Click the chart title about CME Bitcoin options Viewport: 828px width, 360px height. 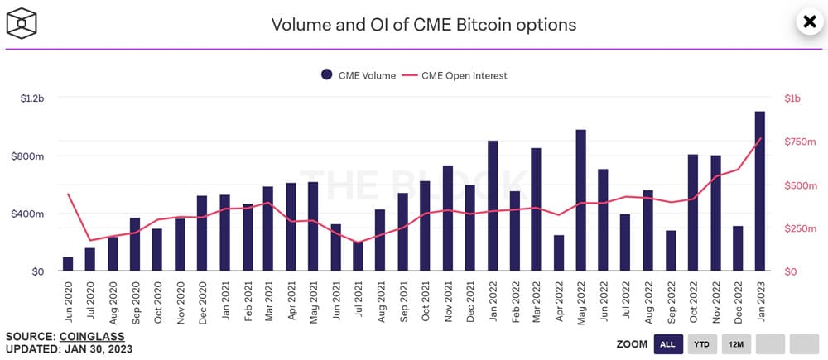423,24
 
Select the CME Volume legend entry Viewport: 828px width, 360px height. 359,75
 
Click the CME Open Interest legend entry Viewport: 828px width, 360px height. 455,75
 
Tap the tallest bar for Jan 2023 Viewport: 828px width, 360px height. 759,191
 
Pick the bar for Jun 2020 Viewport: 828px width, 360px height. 68,264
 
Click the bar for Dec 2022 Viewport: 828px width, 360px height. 737,248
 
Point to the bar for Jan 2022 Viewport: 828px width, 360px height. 493,206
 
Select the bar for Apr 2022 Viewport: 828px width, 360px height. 559,253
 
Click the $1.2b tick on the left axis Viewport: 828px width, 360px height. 32,98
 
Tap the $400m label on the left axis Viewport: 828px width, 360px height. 31,214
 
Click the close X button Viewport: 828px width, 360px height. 808,22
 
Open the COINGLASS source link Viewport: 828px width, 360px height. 91,337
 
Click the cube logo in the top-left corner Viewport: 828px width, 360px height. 22,23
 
